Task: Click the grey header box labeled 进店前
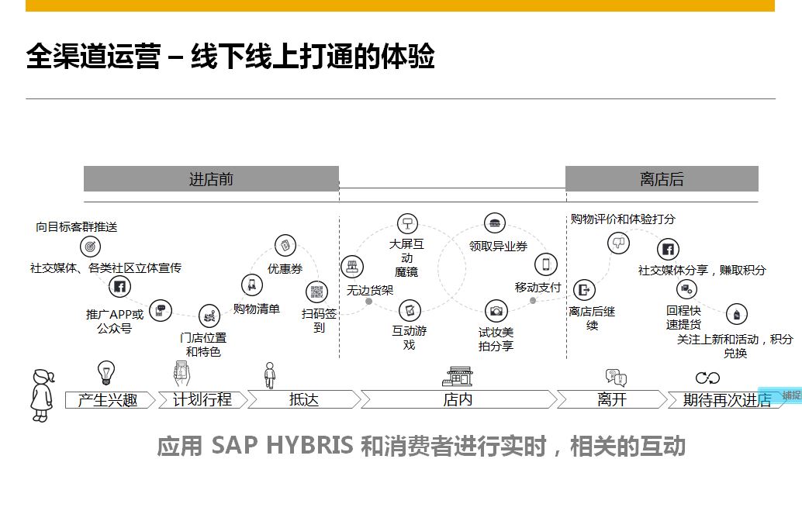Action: point(211,179)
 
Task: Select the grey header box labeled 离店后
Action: point(662,179)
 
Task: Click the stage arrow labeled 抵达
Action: point(304,400)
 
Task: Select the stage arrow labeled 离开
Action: point(612,400)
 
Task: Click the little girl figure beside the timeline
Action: point(43,395)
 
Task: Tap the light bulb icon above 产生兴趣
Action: point(106,372)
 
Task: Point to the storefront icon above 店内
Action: point(458,377)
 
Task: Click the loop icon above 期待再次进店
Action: point(708,378)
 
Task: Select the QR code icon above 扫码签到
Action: point(317,292)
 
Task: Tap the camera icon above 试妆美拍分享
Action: point(496,311)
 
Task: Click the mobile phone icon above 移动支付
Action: point(546,264)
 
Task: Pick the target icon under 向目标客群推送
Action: point(91,247)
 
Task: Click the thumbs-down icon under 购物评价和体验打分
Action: point(618,243)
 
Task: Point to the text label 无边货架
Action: point(370,291)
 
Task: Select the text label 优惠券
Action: point(285,269)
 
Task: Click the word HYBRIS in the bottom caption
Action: point(309,446)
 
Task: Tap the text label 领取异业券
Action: point(498,247)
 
